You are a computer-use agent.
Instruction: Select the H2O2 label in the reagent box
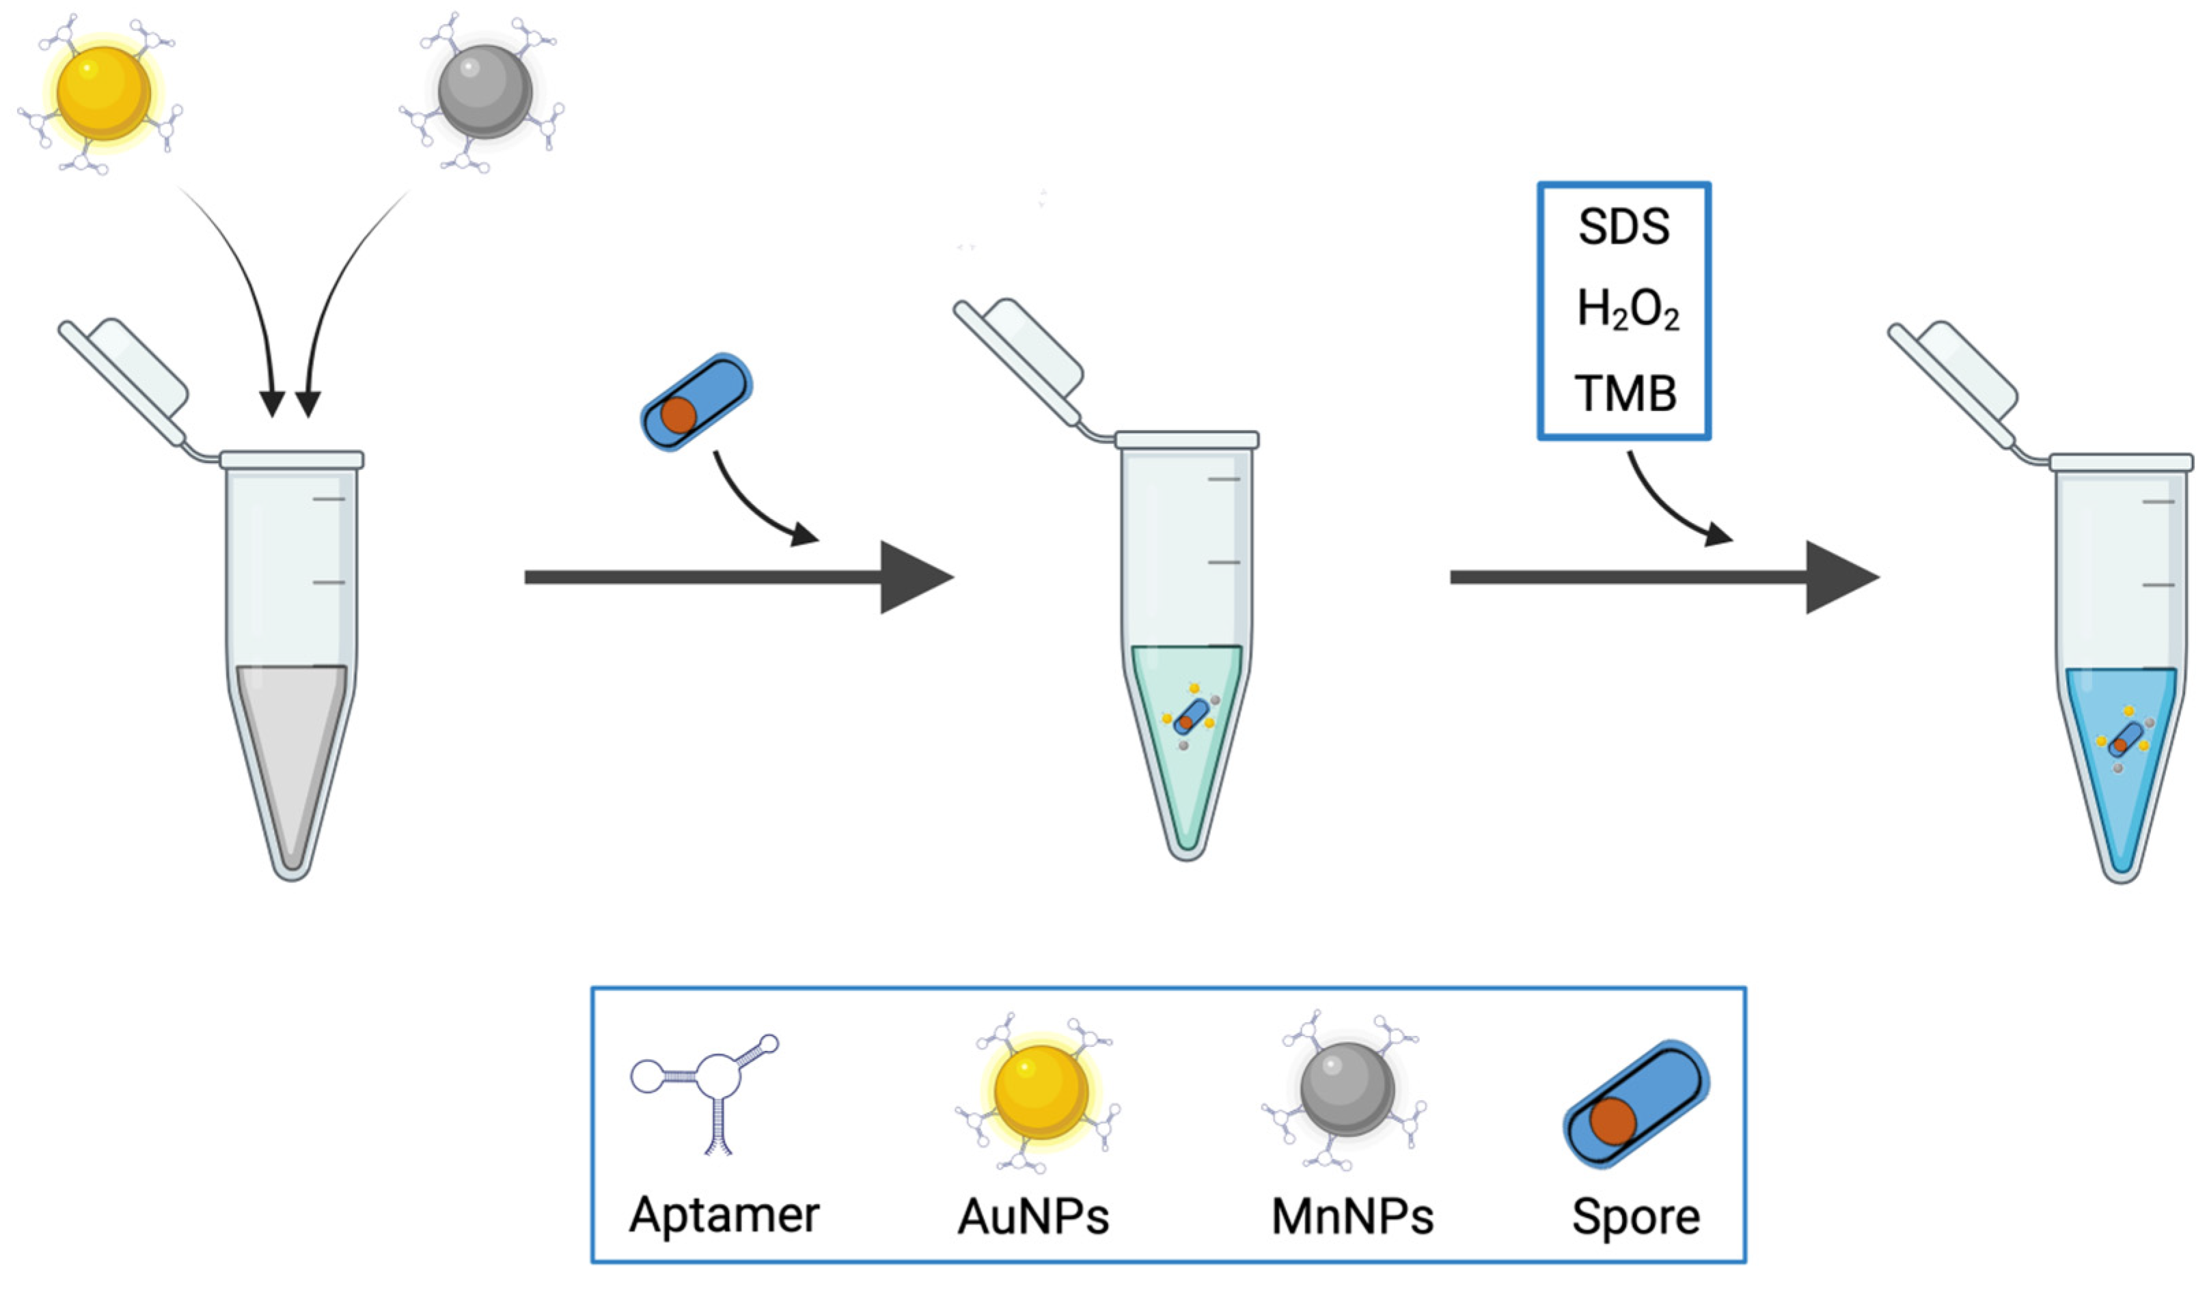tap(1627, 310)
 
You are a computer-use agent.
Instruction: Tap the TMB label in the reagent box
tap(1626, 393)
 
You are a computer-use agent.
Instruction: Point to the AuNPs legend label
tap(1033, 1216)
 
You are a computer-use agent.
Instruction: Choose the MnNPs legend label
tap(1352, 1216)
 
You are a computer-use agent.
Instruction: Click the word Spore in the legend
tap(1635, 1216)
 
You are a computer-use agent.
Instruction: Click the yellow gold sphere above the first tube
tap(103, 93)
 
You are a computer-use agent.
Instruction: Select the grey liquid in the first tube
tap(292, 744)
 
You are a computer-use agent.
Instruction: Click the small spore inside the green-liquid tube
tap(1190, 717)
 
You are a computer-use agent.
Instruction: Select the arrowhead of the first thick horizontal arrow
tap(914, 577)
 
